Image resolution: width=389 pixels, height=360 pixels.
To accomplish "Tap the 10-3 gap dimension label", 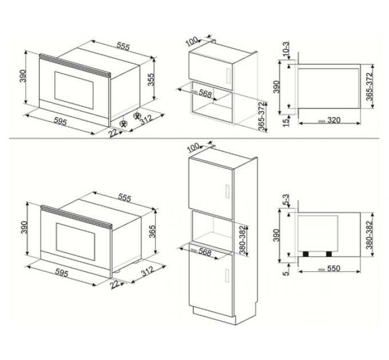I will click(x=285, y=50).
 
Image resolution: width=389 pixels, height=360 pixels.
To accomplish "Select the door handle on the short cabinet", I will click(x=229, y=75).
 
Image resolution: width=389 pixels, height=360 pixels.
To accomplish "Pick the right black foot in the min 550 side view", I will click(x=330, y=253).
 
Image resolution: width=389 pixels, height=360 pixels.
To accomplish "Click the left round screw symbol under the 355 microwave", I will click(x=123, y=122).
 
